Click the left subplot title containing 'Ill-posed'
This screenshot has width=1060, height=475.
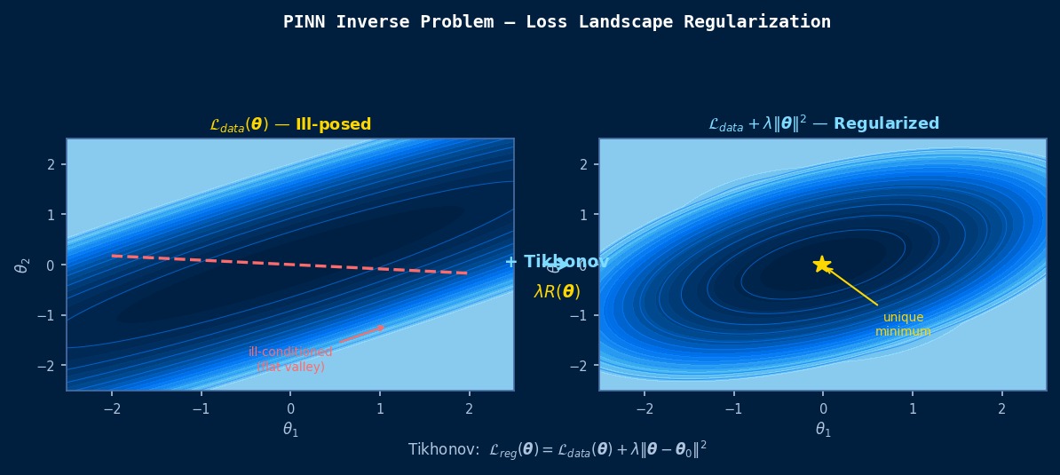coord(290,125)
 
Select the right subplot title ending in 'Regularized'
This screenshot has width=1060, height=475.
coord(823,124)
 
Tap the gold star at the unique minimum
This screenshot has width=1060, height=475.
coord(822,265)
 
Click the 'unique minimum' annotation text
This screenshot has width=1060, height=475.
coord(903,324)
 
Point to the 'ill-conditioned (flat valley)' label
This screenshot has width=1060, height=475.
coord(290,360)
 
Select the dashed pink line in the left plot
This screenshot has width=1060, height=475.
coord(290,265)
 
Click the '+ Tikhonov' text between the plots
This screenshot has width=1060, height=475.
coord(557,262)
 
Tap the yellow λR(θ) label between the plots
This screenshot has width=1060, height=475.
coord(557,291)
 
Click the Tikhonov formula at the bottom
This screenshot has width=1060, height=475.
coord(557,450)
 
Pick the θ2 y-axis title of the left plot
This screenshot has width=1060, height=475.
coord(23,265)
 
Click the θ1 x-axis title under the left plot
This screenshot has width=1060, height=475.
coord(290,430)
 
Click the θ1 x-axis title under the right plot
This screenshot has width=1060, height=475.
coord(823,430)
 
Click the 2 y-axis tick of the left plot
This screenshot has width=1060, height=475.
coord(51,164)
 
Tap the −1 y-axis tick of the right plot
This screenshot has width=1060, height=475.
coord(581,315)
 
